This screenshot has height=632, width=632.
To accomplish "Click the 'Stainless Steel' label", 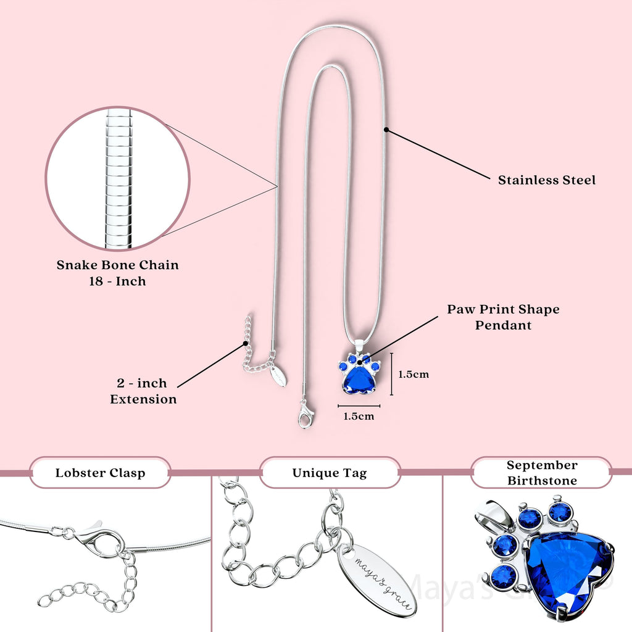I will click(547, 180).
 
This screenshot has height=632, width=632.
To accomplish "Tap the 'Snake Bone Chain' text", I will click(118, 265).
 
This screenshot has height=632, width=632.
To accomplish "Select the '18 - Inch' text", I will click(117, 281).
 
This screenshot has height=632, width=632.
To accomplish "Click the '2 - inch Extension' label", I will click(143, 391).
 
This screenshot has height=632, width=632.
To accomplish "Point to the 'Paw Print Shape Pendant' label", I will click(503, 317).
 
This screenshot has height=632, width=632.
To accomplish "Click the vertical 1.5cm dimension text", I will click(413, 374).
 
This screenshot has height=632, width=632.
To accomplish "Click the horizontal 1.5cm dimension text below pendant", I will click(359, 416).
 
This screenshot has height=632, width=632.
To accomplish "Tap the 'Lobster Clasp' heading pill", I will click(101, 473).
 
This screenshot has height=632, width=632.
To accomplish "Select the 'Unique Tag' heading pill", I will click(330, 473).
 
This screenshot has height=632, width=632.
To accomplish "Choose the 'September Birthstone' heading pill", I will click(542, 473).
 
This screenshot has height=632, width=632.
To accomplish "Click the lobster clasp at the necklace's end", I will click(306, 414).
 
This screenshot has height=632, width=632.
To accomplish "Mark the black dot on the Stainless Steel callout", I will click(386, 130).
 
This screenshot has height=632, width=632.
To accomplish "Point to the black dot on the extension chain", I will click(246, 343).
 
